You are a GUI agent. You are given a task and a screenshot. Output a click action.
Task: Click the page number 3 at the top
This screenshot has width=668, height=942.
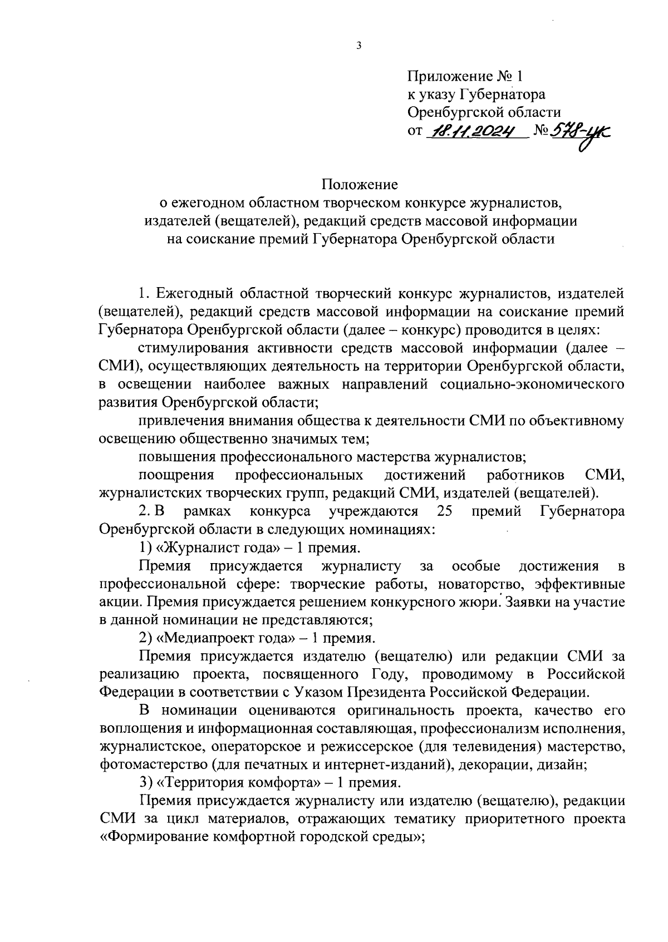(x=358, y=46)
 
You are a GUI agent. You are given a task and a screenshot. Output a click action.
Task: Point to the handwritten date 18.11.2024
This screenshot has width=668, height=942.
(x=475, y=131)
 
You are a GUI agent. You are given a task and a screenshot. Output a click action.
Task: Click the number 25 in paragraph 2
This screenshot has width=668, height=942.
(x=444, y=511)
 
